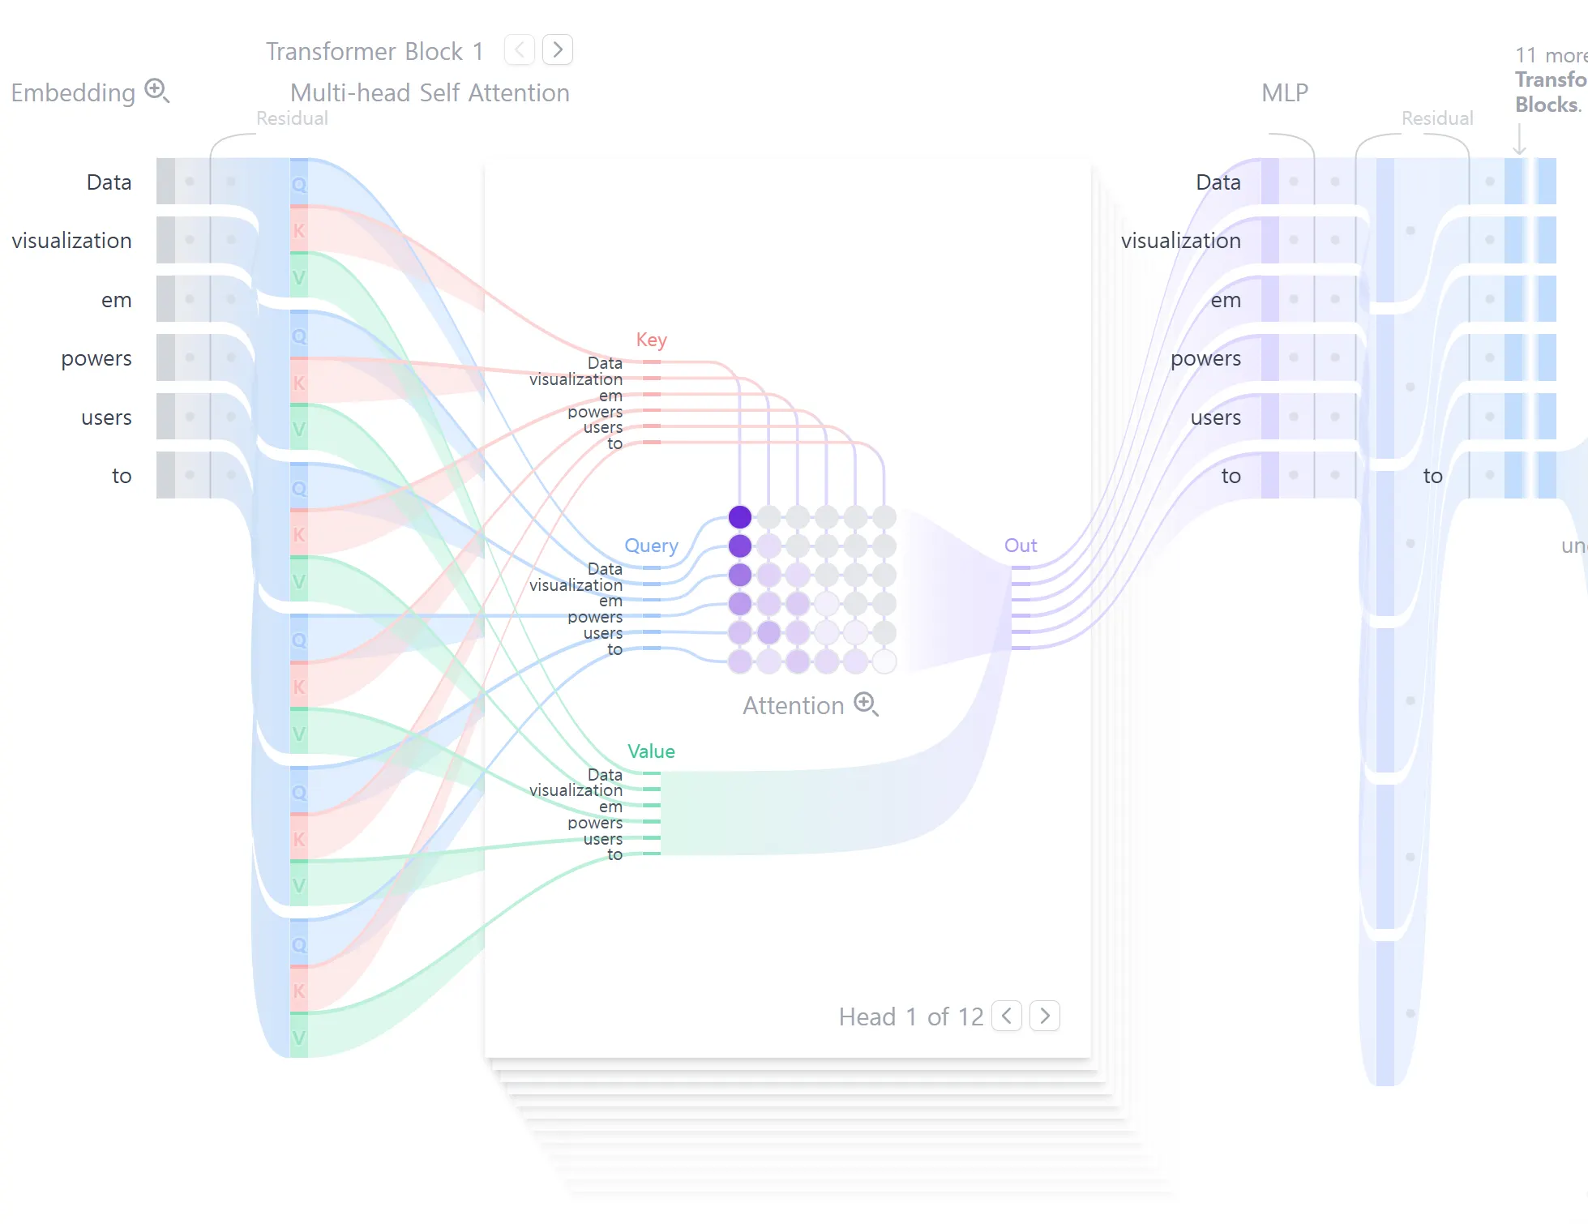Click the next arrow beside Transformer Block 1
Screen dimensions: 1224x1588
[x=558, y=50]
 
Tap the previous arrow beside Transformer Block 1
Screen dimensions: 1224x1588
[x=520, y=50]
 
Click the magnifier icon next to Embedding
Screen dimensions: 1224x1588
[x=156, y=90]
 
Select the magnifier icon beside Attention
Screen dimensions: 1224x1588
[x=866, y=704]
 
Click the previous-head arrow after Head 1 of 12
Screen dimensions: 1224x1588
[x=1007, y=1016]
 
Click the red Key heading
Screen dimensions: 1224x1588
[x=651, y=340]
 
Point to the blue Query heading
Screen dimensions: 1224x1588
[x=651, y=546]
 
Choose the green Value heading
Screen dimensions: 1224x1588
[x=651, y=751]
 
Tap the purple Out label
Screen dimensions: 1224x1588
[x=1021, y=546]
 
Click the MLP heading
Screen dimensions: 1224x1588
[x=1285, y=93]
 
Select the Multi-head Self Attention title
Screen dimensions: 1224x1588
[x=430, y=93]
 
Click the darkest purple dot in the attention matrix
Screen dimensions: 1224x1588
[x=740, y=516]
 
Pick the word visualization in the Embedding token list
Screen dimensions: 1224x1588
[x=71, y=241]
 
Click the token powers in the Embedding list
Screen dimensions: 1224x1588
[x=96, y=358]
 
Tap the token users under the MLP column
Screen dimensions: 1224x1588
[x=1215, y=417]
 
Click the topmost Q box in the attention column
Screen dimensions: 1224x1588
[x=299, y=185]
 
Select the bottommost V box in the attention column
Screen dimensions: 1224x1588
[x=299, y=1037]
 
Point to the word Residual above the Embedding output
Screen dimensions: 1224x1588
[x=292, y=118]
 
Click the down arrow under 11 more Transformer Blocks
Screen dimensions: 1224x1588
[x=1520, y=139]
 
